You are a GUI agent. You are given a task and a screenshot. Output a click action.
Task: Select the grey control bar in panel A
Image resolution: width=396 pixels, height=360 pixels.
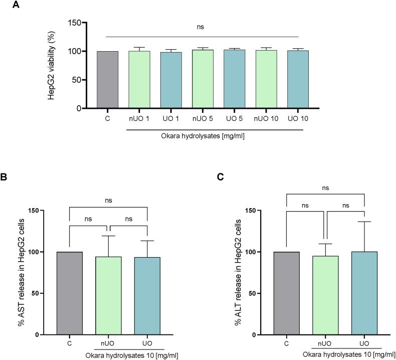106,79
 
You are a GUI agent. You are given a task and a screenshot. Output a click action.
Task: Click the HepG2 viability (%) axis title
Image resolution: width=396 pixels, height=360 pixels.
52,65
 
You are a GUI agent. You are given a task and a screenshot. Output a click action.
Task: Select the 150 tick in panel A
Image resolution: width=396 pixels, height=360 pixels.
74,23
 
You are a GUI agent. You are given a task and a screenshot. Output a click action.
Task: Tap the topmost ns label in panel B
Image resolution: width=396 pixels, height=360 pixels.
109,200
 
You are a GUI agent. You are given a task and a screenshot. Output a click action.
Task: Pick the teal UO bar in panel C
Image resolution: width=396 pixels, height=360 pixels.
364,293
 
